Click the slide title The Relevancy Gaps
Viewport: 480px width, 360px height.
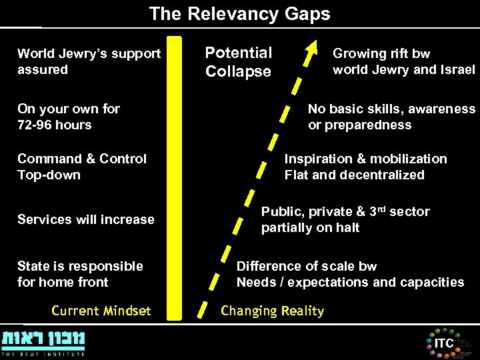pyautogui.click(x=239, y=13)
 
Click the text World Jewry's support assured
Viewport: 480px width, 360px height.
pyautogui.click(x=89, y=61)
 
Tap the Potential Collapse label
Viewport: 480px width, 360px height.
pyautogui.click(x=238, y=62)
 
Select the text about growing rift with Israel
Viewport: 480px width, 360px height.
pyautogui.click(x=403, y=61)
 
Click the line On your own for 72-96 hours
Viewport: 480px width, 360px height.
pyautogui.click(x=69, y=117)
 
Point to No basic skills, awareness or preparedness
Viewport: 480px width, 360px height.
pyautogui.click(x=391, y=117)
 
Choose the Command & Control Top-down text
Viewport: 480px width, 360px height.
pyautogui.click(x=81, y=167)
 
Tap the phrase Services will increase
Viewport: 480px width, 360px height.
pyautogui.click(x=85, y=219)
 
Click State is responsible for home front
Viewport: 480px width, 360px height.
pyautogui.click(x=80, y=274)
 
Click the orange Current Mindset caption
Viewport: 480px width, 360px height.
pyautogui.click(x=101, y=311)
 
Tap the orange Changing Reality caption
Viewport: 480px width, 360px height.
pyautogui.click(x=272, y=311)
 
